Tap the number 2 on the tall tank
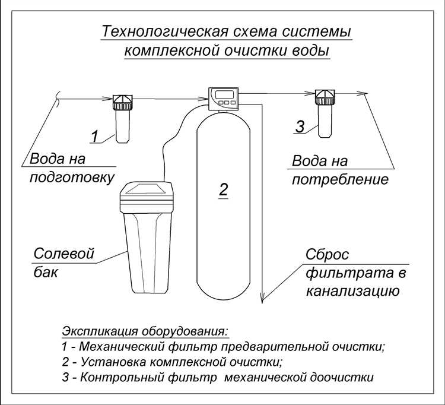click(x=223, y=189)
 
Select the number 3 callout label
click(x=300, y=126)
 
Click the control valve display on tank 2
click(x=224, y=95)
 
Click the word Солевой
click(x=63, y=254)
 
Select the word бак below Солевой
click(x=46, y=273)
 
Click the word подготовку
click(x=72, y=178)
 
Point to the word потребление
click(x=340, y=179)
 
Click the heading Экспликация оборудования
click(x=145, y=331)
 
